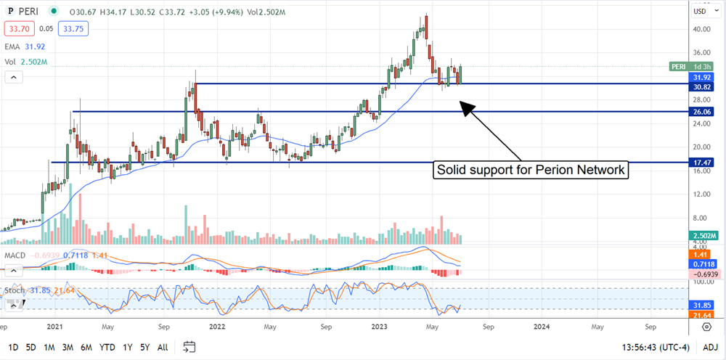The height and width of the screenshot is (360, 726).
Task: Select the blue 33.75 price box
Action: click(x=64, y=29)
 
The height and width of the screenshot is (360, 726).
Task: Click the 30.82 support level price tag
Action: click(x=701, y=86)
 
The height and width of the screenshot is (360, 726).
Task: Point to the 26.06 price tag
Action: click(x=701, y=112)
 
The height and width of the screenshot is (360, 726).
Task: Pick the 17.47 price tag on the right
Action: click(x=701, y=163)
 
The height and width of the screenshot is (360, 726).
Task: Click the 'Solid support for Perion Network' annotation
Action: click(x=531, y=171)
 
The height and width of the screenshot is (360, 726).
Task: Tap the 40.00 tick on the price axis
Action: click(x=701, y=30)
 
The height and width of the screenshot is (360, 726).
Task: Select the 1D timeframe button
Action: click(x=14, y=347)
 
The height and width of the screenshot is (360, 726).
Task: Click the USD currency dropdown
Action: click(x=703, y=11)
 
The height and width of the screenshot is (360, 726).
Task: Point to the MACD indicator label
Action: click(x=17, y=255)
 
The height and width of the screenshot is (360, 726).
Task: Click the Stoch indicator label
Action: click(x=15, y=290)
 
